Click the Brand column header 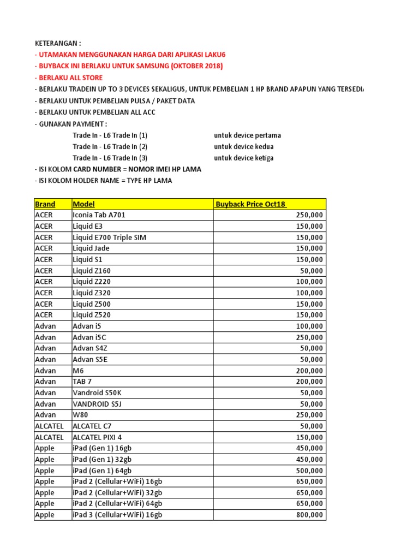pyautogui.click(x=45, y=204)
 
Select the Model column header pyautogui.click(x=83, y=204)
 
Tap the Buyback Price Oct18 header pyautogui.click(x=250, y=204)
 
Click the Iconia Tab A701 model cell pyautogui.click(x=99, y=215)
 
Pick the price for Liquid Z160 pyautogui.click(x=312, y=271)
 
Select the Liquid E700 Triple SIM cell pyautogui.click(x=109, y=237)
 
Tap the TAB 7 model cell pyautogui.click(x=83, y=382)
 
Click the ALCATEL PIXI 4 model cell pyautogui.click(x=97, y=437)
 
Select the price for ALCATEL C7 pyautogui.click(x=312, y=426)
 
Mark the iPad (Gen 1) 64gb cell pyautogui.click(x=101, y=471)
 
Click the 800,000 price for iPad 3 pyautogui.click(x=309, y=515)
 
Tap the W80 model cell pyautogui.click(x=81, y=415)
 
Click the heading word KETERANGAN pyautogui.click(x=57, y=43)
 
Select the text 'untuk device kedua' pyautogui.click(x=243, y=146)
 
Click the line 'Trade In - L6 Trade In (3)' pyautogui.click(x=110, y=158)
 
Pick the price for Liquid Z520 pyautogui.click(x=309, y=315)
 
